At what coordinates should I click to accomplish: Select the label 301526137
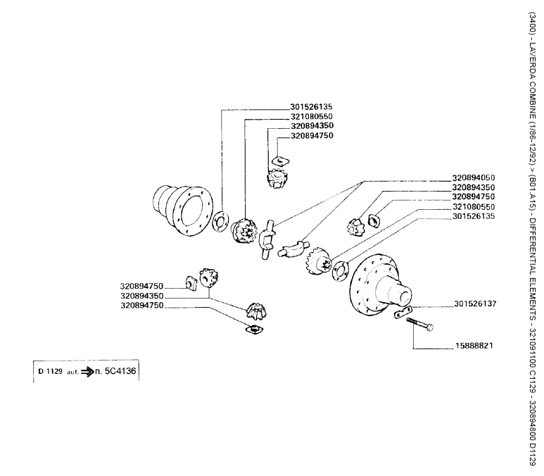[475, 304]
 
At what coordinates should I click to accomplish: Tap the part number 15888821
[471, 346]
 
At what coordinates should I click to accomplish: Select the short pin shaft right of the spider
[292, 249]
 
